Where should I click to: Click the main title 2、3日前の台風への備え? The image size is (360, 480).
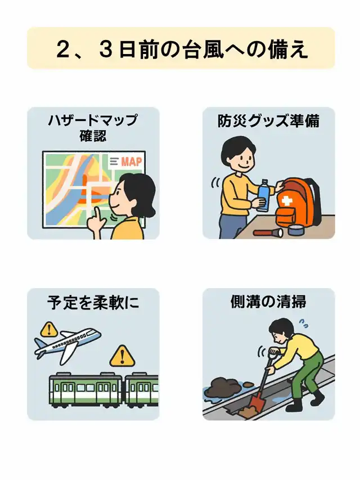182,50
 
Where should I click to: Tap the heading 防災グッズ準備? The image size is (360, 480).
268,121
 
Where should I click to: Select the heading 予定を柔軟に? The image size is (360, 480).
93,302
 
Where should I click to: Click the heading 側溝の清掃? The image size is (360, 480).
268,302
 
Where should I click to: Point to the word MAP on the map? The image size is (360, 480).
131,162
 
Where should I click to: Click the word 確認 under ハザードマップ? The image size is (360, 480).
93,136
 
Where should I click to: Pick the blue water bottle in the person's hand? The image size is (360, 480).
264,195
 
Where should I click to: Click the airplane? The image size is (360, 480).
67,344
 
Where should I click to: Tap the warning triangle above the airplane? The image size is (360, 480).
49,329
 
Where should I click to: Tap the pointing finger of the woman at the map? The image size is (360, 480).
97,214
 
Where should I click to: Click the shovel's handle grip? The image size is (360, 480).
274,352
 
